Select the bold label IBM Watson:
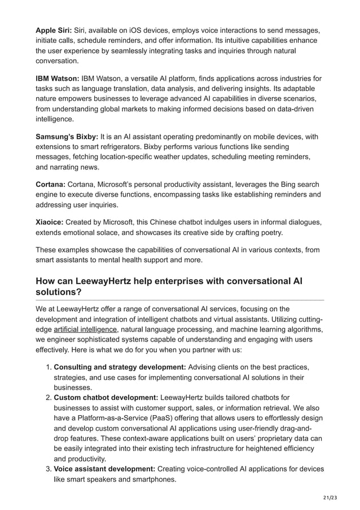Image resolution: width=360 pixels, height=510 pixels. click(x=58, y=79)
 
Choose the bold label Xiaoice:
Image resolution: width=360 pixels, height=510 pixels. click(x=51, y=223)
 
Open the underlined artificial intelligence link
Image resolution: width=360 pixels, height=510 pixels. click(x=85, y=329)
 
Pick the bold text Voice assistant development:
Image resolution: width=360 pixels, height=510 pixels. click(x=104, y=469)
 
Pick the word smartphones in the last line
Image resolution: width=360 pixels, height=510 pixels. click(x=153, y=479)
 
